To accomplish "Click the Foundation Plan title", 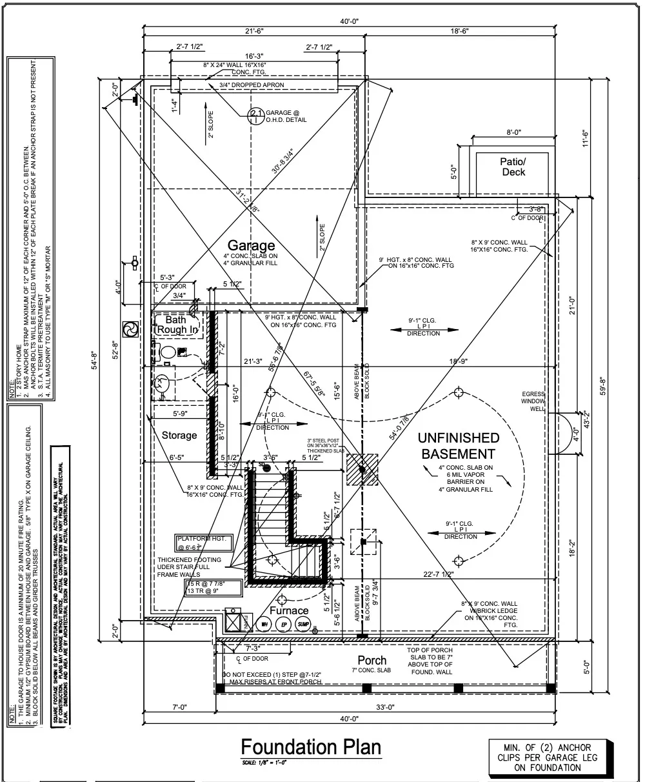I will (x=311, y=747).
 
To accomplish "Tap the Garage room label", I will (x=251, y=245).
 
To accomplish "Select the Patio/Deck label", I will (x=513, y=166).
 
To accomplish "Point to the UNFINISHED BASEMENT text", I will (x=459, y=446).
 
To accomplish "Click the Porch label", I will (x=372, y=660).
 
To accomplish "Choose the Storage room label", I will (x=179, y=435).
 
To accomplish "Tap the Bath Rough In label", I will (x=175, y=325).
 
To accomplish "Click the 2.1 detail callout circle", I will (x=256, y=115).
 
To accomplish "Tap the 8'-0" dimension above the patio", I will (x=513, y=132).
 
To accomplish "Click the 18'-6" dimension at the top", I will (x=459, y=30).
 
